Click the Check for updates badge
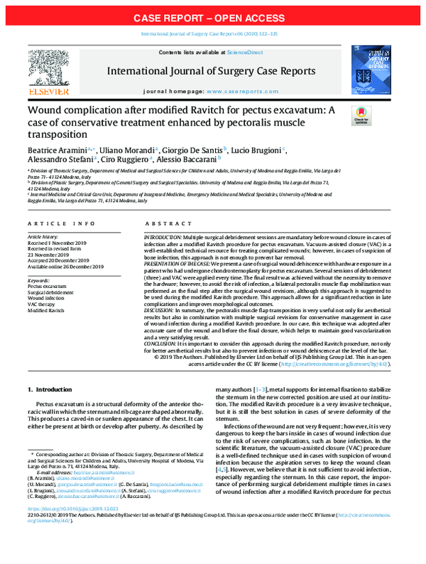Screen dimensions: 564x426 coord(361,115)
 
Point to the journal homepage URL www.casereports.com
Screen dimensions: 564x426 coord(255,93)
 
